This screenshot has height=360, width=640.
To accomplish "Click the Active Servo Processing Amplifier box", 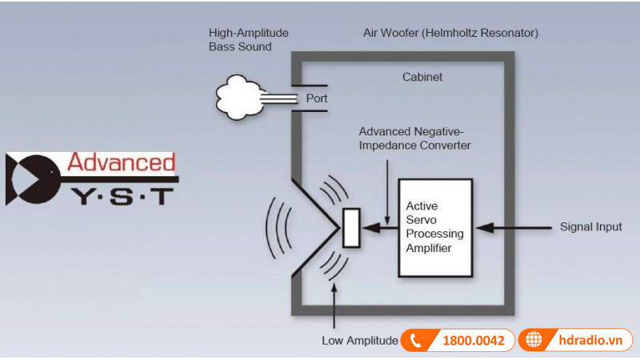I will coord(435,227).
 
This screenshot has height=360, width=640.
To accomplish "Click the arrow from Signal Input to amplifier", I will coord(512,227).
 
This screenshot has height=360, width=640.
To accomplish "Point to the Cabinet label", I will coord(422,78).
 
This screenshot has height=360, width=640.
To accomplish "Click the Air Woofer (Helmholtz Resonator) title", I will coord(450,34).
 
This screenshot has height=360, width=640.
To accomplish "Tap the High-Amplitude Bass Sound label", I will coord(248,40).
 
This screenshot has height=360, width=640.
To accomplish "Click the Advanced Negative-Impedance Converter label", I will coord(414,138).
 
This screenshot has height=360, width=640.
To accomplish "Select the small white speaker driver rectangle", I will coord(350,227).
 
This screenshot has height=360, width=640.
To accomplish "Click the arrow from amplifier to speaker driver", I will coord(378,227).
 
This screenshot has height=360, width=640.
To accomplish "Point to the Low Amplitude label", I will coord(359,340).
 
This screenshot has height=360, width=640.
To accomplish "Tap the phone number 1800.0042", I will coord(473,341).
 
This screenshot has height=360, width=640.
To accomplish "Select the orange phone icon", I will coord(414,341).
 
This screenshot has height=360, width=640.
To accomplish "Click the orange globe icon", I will coord(532,341).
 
